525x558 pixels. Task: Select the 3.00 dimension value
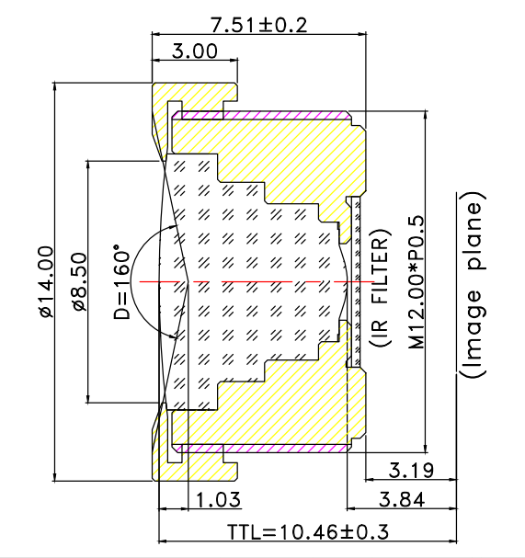coord(195,52)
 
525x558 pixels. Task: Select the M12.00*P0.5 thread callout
coord(416,281)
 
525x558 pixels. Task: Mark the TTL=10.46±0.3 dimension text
coord(308,533)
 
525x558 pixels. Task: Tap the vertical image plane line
coord(456,276)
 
